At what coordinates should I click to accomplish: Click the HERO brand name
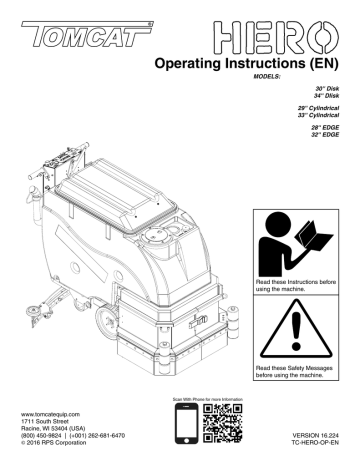coord(270,39)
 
